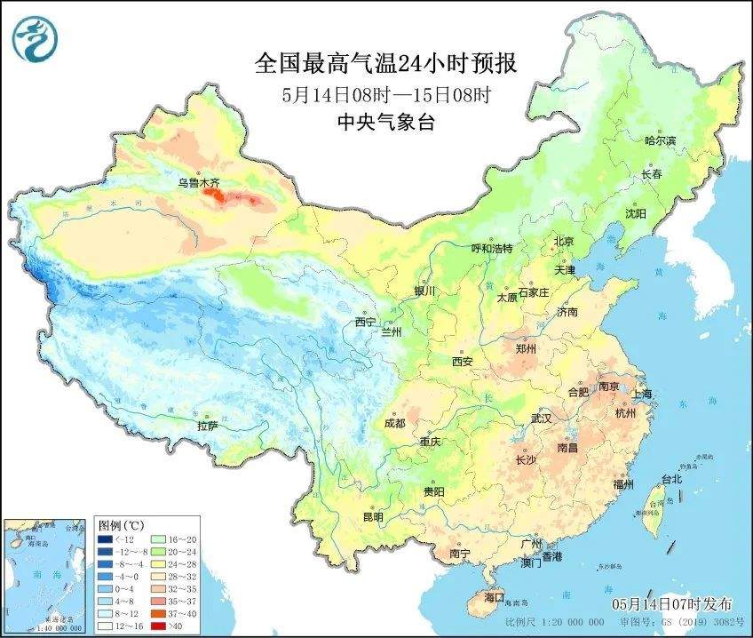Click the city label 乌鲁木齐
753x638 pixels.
tap(196, 183)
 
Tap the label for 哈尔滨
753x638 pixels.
tap(660, 140)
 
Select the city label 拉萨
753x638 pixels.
tap(208, 426)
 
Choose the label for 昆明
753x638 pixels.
tap(373, 517)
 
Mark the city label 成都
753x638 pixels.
tap(395, 422)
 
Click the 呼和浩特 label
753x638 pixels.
tap(492, 249)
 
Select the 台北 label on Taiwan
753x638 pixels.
tap(671, 479)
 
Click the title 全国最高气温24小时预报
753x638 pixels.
tap(385, 63)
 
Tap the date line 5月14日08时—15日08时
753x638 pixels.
tap(385, 93)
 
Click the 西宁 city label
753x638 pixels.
tap(365, 321)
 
